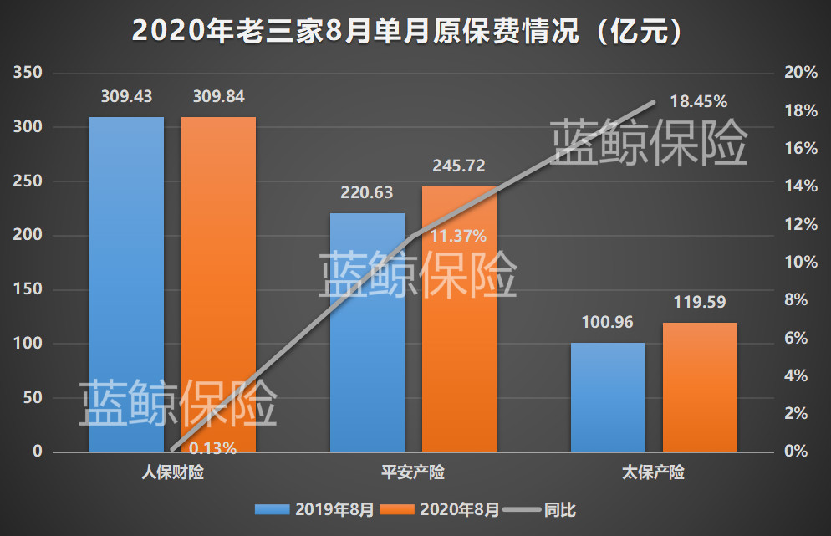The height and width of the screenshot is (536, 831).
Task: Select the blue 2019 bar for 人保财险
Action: pos(126,284)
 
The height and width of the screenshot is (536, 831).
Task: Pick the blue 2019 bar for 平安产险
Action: pos(367,334)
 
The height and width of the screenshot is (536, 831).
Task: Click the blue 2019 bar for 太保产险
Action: pos(608,397)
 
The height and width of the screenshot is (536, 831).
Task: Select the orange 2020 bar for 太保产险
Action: pos(700,389)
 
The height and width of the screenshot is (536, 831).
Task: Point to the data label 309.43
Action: pos(126,97)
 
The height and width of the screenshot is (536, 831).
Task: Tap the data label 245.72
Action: pos(459,166)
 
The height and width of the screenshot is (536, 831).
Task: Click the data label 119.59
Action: pos(700,302)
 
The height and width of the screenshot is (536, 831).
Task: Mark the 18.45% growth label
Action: pos(698,102)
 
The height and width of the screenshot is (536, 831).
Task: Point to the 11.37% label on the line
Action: pos(458,237)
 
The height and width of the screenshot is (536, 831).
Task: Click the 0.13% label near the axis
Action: pos(212,448)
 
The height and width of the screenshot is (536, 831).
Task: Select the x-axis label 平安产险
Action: pos(413,473)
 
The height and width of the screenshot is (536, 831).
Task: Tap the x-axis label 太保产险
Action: pos(653,473)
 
